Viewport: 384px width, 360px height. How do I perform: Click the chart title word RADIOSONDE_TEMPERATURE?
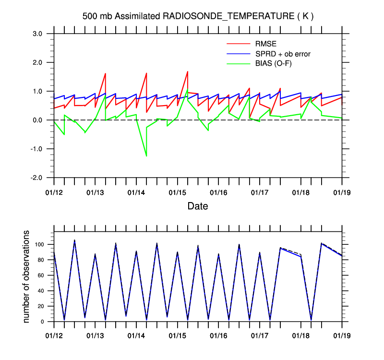click(228, 16)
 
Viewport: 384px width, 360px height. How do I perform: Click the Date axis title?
click(198, 206)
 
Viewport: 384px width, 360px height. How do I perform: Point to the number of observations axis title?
click(27, 276)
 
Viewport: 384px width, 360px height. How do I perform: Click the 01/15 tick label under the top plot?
click(178, 192)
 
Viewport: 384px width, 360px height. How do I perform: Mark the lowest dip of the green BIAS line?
click(146, 156)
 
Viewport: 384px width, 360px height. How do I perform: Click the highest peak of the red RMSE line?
click(188, 71)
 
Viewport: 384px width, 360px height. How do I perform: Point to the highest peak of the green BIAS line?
click(187, 90)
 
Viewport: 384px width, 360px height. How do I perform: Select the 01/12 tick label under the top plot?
click(54, 192)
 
